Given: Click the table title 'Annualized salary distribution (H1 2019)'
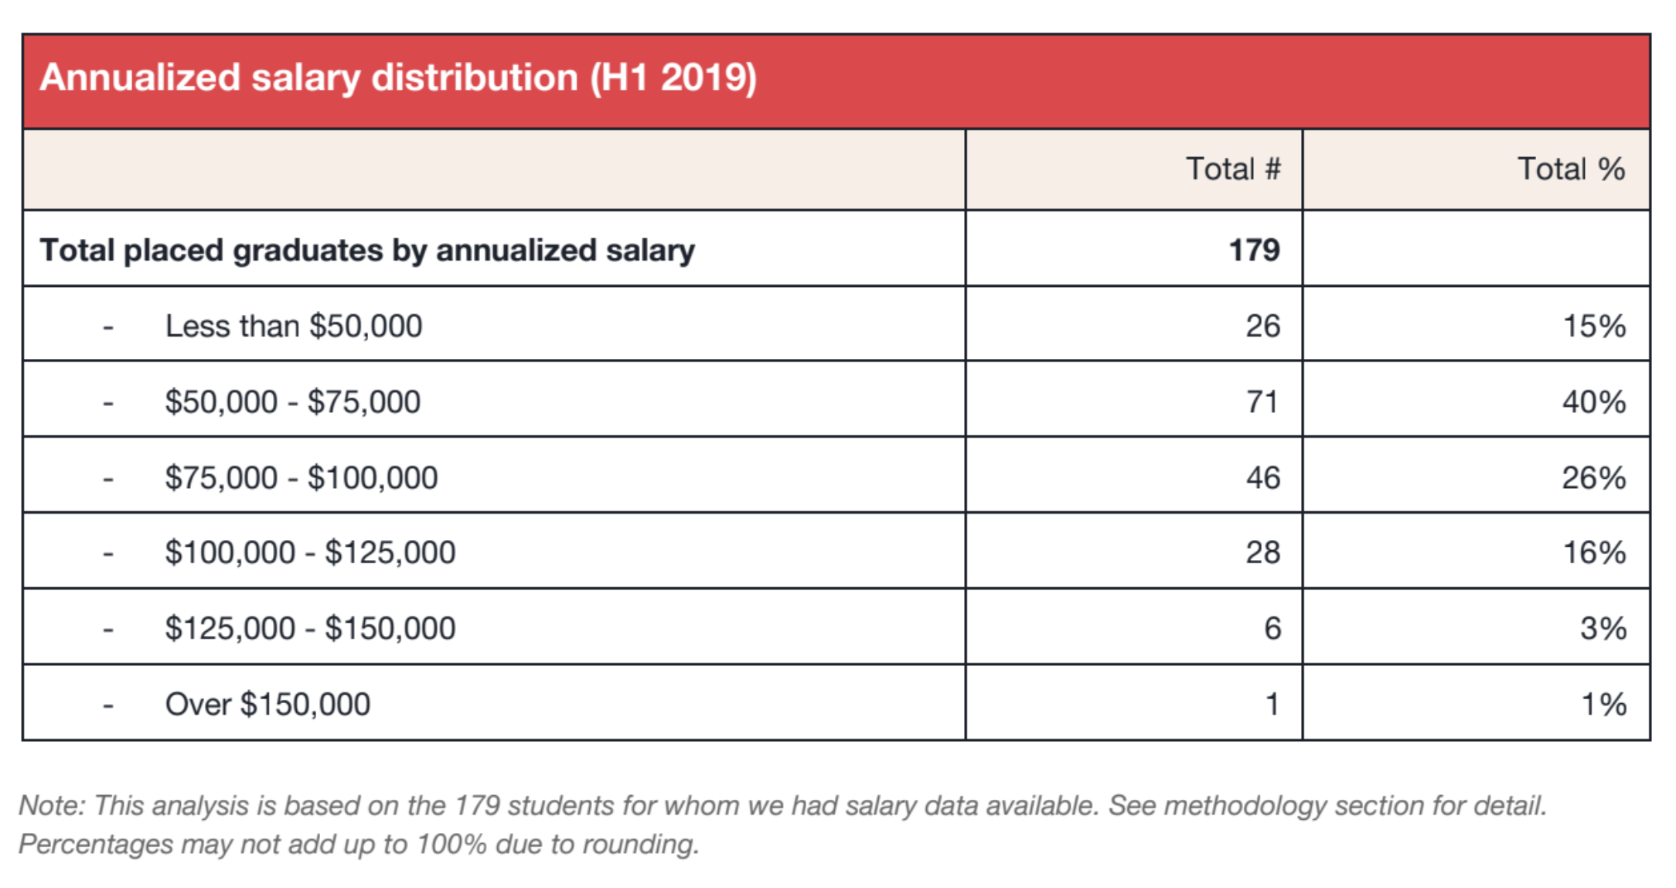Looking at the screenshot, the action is pyautogui.click(x=398, y=78).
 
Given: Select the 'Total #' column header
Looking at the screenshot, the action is pyautogui.click(x=1233, y=169).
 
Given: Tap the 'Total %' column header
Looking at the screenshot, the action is pyautogui.click(x=1571, y=169).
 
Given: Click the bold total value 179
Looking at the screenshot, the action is pyautogui.click(x=1254, y=250).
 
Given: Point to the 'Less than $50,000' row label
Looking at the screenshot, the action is pyautogui.click(x=294, y=326).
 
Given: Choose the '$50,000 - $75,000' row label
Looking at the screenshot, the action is pyautogui.click(x=292, y=401).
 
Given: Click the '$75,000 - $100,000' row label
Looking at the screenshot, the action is pyautogui.click(x=301, y=477).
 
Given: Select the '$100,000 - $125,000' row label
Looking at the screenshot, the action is pyautogui.click(x=310, y=552).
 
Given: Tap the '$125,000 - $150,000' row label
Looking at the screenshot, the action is pyautogui.click(x=310, y=628).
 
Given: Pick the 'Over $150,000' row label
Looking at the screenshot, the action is pyautogui.click(x=267, y=704).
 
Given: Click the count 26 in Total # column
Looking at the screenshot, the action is pyautogui.click(x=1262, y=326).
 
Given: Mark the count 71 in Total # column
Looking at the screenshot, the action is pyautogui.click(x=1262, y=401).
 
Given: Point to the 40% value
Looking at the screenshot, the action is pyautogui.click(x=1593, y=401).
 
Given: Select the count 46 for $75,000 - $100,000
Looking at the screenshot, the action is pyautogui.click(x=1262, y=477).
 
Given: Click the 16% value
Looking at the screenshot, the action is pyautogui.click(x=1594, y=552).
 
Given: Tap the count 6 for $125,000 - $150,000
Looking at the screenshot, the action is pyautogui.click(x=1272, y=628).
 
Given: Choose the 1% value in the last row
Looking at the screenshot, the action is pyautogui.click(x=1603, y=704).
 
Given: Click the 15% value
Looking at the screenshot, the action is pyautogui.click(x=1594, y=326).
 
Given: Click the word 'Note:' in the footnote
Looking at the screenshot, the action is pyautogui.click(x=52, y=805).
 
